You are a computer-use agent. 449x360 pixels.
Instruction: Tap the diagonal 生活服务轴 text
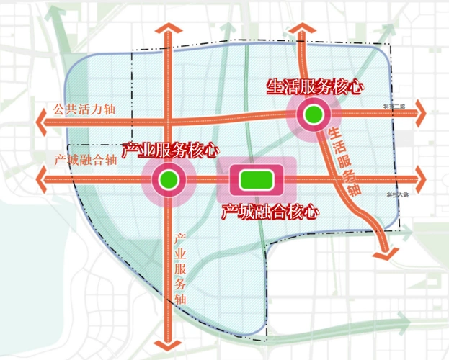pos(343,162)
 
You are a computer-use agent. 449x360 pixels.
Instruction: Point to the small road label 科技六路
pos(397,194)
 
